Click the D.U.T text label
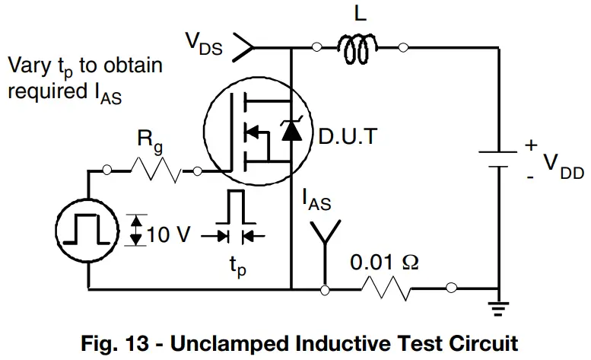(349, 138)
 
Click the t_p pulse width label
(237, 268)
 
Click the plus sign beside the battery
(530, 145)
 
